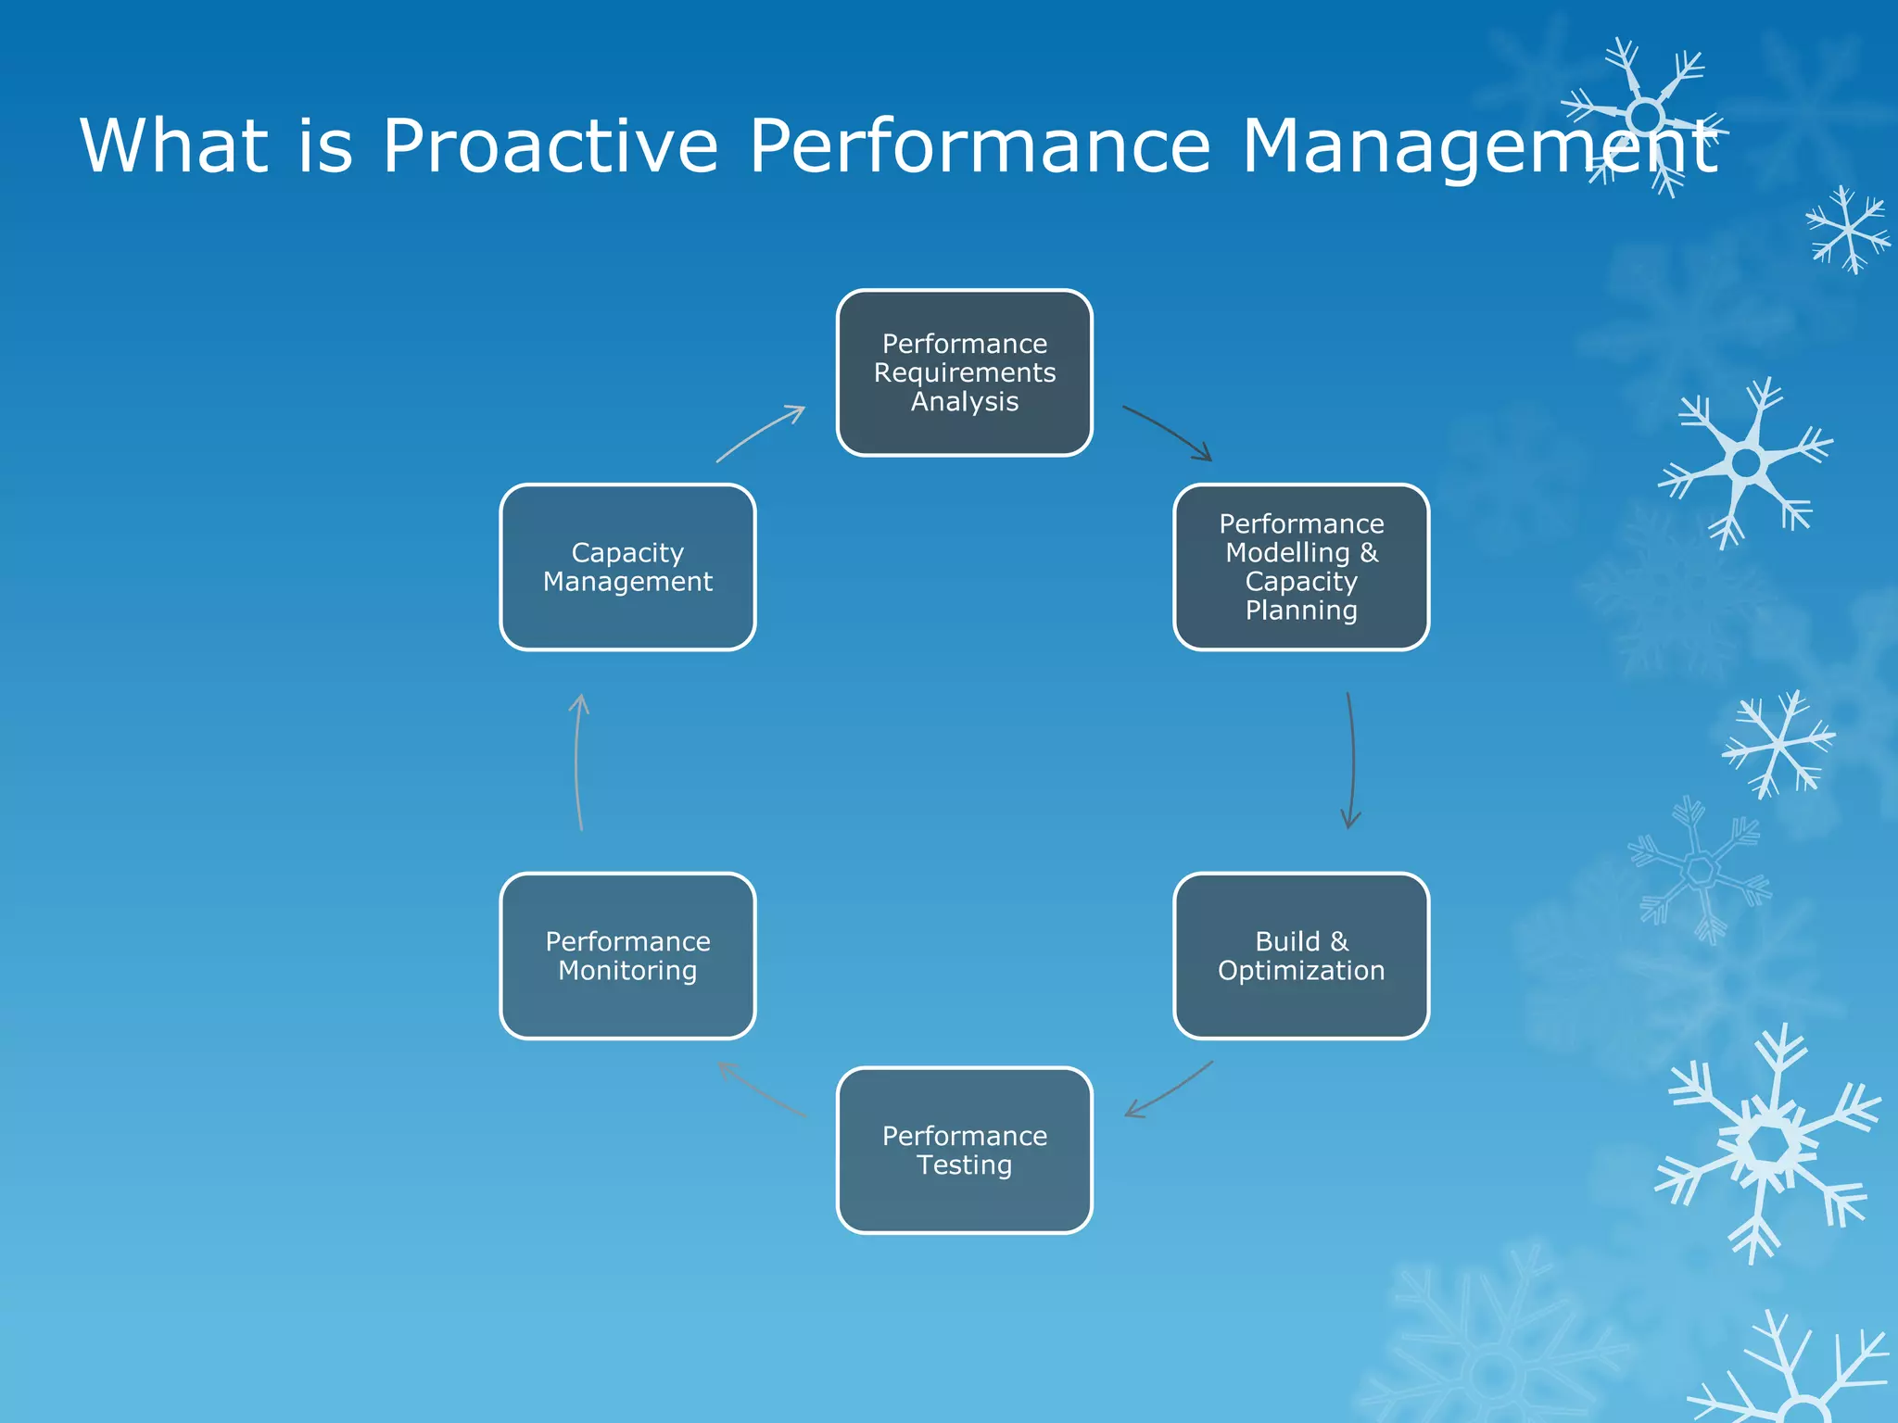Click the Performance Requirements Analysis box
tap(964, 372)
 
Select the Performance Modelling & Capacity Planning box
tap(1301, 567)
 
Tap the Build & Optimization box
tap(1301, 955)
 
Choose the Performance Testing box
tap(964, 1150)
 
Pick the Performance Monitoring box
tap(627, 955)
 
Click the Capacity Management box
tap(627, 567)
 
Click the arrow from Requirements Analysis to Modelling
tap(1168, 431)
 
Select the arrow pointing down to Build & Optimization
tap(1352, 760)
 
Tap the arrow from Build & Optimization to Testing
tap(1170, 1092)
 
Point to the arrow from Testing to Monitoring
tap(762, 1091)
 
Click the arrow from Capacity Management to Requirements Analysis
tap(760, 432)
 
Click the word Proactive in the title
tap(550, 146)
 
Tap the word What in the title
tap(174, 146)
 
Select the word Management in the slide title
tap(1479, 146)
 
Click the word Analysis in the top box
tap(964, 402)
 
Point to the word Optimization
tap(1301, 971)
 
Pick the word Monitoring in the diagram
tap(627, 971)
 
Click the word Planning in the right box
tap(1301, 611)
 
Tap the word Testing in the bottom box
tap(964, 1165)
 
